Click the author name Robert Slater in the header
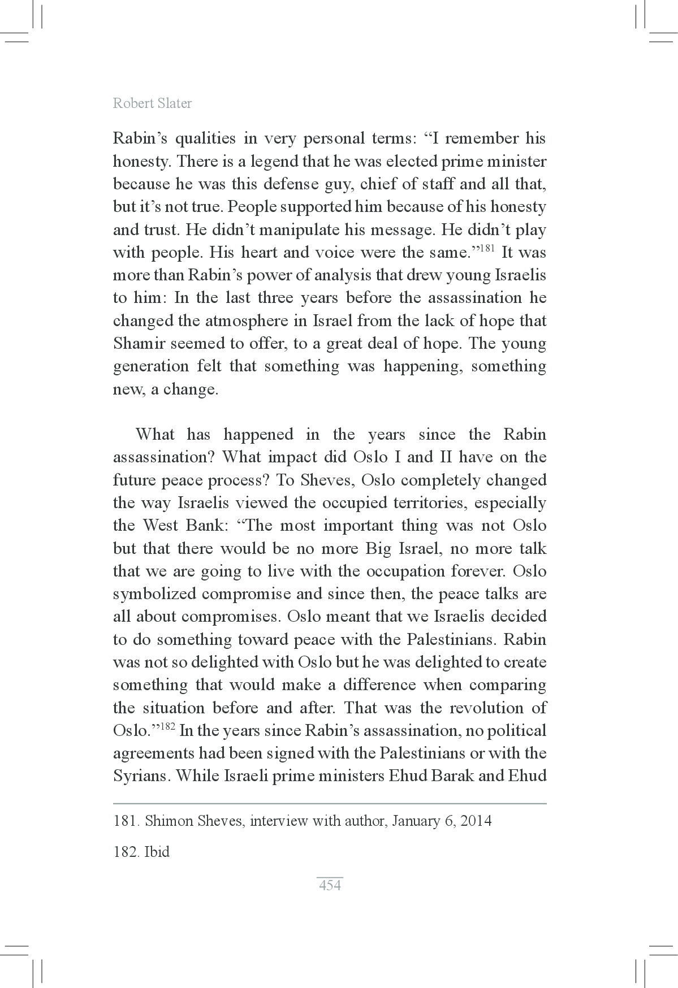click(x=152, y=103)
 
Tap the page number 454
click(x=330, y=885)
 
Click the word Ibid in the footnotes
click(x=157, y=852)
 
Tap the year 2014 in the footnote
click(x=476, y=821)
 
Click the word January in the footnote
click(x=416, y=821)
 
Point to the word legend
click(x=272, y=162)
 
